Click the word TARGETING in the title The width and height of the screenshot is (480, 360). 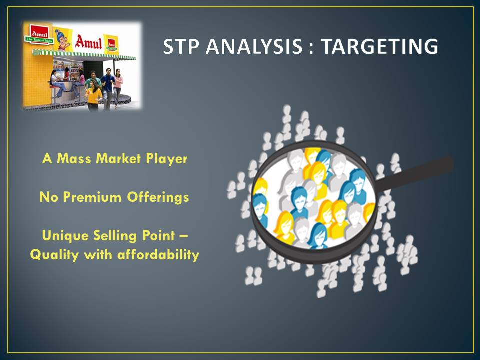379,47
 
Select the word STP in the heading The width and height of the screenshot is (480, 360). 181,47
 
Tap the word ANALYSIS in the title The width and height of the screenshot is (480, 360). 254,47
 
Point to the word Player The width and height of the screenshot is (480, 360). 167,159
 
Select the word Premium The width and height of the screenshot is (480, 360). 92,197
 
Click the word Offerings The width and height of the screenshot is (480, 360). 158,198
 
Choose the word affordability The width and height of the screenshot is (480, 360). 158,254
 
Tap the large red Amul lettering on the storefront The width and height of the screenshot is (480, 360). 88,42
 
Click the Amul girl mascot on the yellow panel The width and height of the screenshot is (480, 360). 63,39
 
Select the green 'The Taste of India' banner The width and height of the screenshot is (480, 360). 39,40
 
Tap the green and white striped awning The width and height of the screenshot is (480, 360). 84,55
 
